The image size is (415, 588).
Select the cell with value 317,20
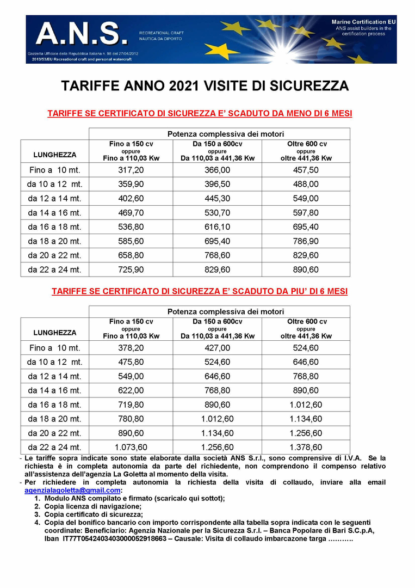point(131,170)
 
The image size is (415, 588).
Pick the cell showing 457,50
point(306,170)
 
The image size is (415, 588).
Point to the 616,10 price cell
point(217,226)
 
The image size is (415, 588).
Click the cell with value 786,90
point(306,241)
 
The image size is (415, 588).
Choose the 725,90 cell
point(131,269)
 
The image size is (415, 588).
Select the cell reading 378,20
point(131,347)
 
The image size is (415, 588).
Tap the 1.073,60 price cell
point(131,447)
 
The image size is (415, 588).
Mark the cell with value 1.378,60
point(306,447)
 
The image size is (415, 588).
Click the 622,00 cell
point(131,390)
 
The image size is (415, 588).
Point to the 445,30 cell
point(217,198)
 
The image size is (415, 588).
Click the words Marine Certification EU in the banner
point(364,21)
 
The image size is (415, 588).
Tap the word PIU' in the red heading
point(277,291)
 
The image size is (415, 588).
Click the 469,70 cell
point(131,212)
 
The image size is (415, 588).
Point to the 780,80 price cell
point(131,419)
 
